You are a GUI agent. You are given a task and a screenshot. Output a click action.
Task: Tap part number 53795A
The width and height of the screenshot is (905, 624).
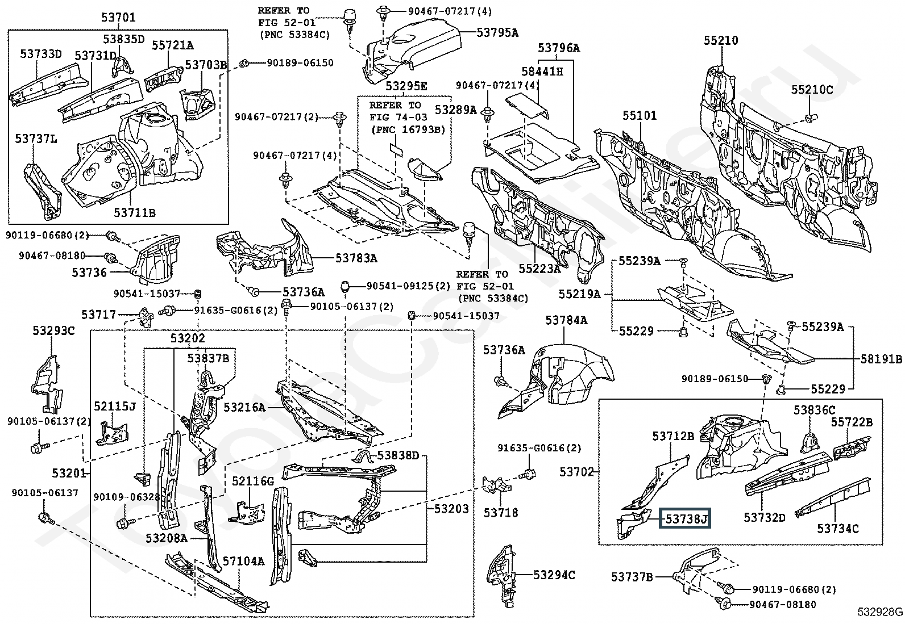[497, 33]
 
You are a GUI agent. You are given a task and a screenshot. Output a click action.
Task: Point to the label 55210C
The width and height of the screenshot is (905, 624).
[812, 90]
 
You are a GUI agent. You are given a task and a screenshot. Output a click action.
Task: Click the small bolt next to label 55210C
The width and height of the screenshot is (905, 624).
[808, 118]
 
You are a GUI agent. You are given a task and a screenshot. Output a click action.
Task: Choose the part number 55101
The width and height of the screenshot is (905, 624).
[639, 116]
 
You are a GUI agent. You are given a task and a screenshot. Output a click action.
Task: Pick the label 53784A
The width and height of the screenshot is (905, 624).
[566, 321]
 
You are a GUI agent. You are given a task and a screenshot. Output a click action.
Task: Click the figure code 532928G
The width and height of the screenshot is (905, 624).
[880, 612]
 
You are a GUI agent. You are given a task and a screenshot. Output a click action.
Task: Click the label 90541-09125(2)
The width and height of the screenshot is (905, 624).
[408, 287]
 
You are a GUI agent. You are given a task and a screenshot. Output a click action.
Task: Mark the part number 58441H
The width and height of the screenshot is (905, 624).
[542, 71]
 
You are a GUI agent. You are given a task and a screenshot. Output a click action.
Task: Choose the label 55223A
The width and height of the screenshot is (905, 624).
[539, 269]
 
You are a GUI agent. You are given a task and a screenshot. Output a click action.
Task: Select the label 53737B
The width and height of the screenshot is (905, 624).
[632, 577]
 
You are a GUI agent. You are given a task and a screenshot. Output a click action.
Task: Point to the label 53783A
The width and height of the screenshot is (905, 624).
[356, 258]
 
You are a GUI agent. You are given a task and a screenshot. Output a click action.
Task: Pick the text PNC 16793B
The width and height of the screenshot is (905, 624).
[408, 129]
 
